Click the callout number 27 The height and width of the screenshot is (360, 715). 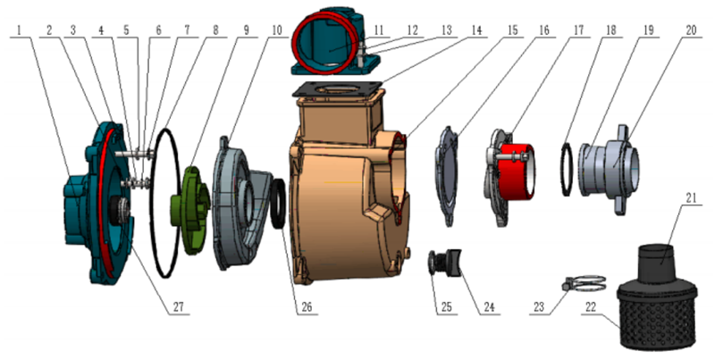(x=178, y=306)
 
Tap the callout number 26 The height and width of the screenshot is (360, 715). (x=307, y=306)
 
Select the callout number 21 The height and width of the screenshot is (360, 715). (x=691, y=198)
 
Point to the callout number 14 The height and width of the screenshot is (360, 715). (x=476, y=30)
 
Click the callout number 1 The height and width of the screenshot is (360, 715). (x=19, y=30)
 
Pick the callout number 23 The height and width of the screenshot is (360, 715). (x=539, y=306)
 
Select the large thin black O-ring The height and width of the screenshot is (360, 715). (x=165, y=203)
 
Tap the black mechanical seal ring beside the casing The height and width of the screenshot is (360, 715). (x=279, y=204)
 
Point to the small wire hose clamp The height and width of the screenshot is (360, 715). (x=584, y=283)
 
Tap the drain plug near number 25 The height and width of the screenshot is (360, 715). (x=444, y=263)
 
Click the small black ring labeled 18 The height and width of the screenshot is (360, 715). (x=566, y=169)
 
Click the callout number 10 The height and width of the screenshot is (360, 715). (x=277, y=30)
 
